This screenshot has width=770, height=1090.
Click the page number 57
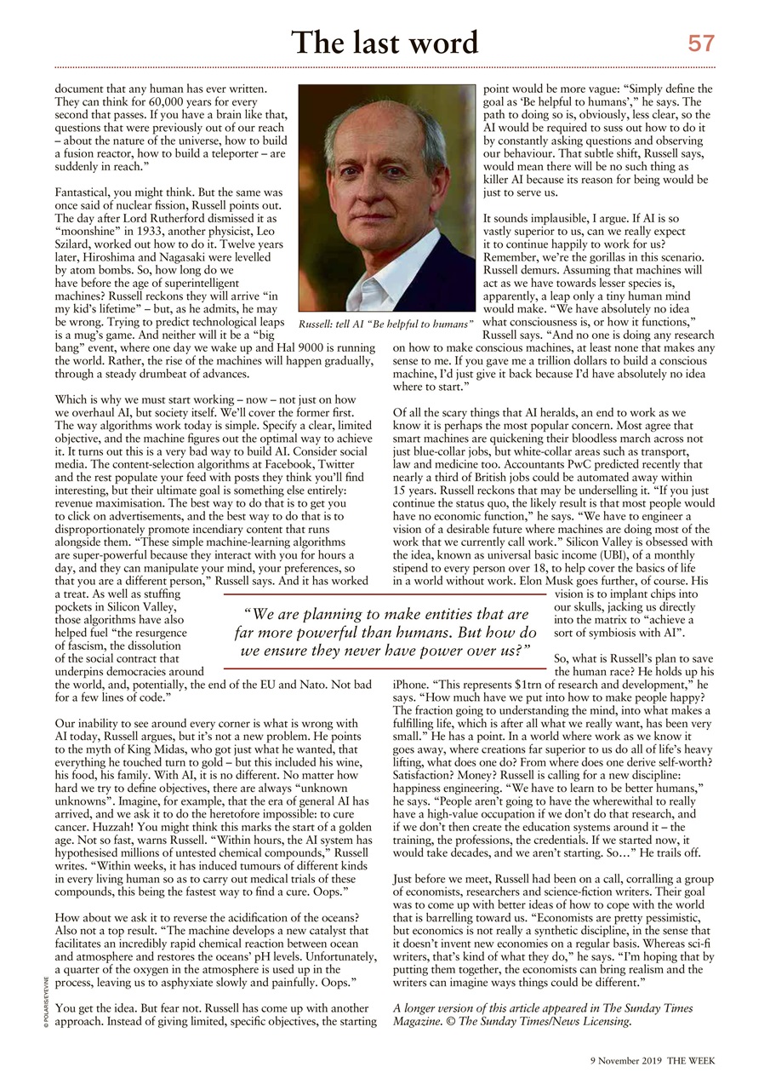click(x=701, y=43)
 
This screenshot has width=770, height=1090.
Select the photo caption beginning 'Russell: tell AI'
click(x=385, y=324)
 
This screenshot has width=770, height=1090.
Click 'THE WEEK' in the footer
click(x=691, y=1061)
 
